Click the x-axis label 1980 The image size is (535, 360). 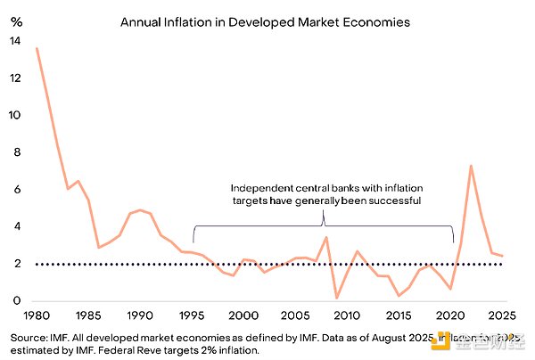[36, 316]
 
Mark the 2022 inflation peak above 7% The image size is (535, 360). [471, 166]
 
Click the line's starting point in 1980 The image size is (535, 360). [37, 48]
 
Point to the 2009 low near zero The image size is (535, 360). [338, 298]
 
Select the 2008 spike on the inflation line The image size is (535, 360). [327, 237]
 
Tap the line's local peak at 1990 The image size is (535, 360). [140, 210]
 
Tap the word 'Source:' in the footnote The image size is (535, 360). [25, 339]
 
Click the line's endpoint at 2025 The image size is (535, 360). [503, 256]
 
